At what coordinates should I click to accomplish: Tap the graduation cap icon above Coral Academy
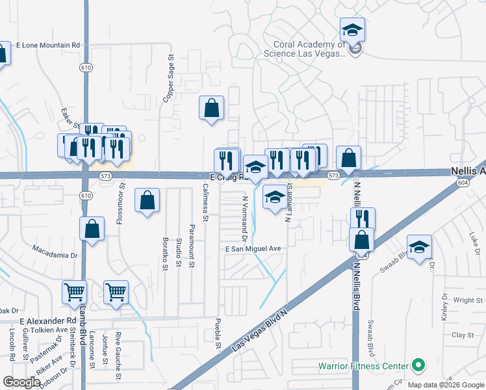point(352,30)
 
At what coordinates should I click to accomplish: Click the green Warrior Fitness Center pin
point(418,366)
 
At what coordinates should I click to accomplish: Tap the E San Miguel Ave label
point(253,249)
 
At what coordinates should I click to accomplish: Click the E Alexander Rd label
point(48,321)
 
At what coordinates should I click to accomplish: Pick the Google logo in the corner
point(21,382)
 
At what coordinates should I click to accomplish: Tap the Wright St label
point(464,300)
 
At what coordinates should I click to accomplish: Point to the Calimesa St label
point(204,201)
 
